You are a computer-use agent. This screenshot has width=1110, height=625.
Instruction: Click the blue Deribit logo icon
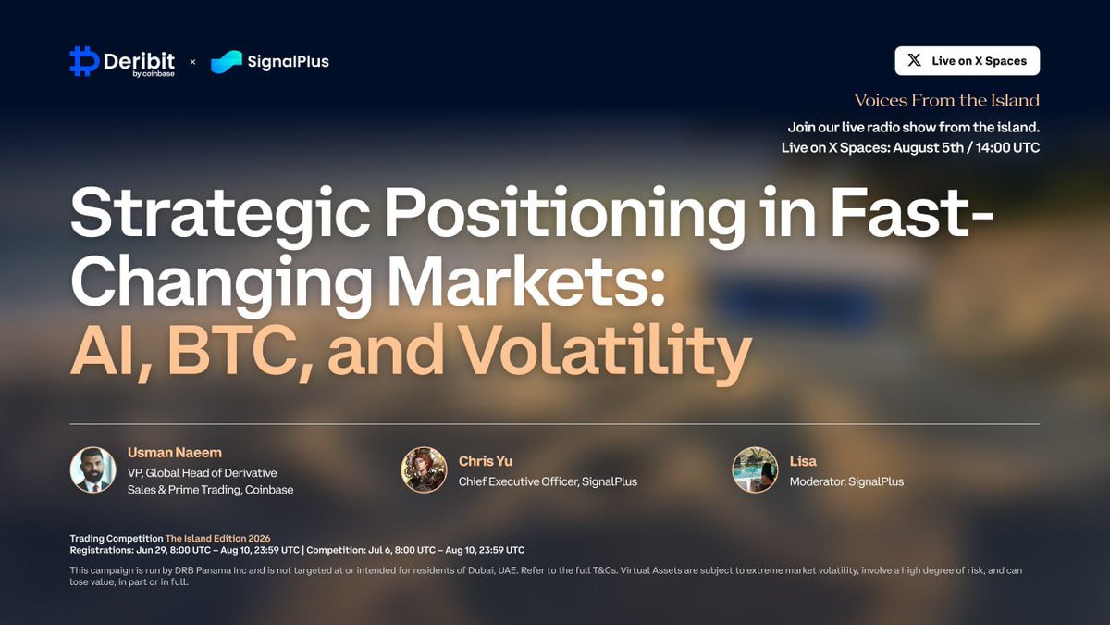(x=84, y=61)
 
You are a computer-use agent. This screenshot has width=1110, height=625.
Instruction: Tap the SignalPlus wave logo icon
(x=227, y=61)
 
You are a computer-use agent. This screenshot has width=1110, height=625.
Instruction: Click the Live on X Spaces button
(x=968, y=60)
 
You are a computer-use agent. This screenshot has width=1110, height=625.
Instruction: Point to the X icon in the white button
(x=914, y=60)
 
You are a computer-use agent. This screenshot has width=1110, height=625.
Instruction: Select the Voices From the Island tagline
(x=947, y=100)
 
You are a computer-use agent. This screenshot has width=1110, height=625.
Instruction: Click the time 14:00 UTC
(x=1007, y=147)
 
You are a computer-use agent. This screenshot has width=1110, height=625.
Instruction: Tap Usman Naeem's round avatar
(x=93, y=469)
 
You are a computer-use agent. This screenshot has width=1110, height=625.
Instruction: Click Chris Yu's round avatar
(x=425, y=469)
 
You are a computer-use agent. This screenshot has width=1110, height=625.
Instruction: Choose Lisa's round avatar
(x=755, y=469)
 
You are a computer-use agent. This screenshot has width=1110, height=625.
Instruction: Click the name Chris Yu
(x=486, y=461)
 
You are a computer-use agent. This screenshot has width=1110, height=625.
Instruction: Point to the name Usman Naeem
(x=175, y=453)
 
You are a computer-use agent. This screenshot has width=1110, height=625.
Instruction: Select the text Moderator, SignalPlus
(x=847, y=481)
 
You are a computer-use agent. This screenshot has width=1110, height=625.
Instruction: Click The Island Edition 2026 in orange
(x=218, y=538)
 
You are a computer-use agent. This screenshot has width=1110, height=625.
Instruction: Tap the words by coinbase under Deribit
(x=154, y=74)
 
